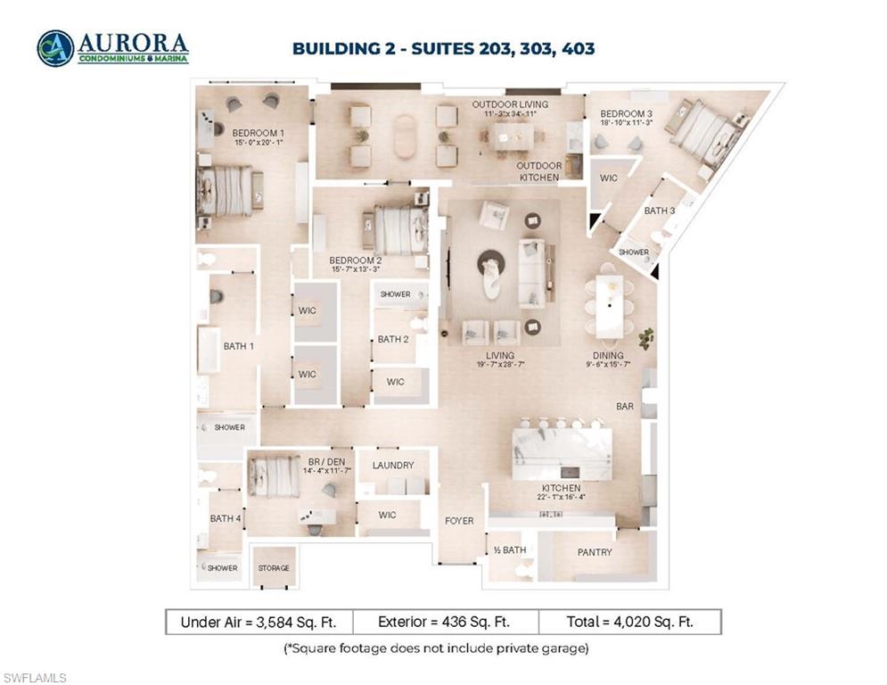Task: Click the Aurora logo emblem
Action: tap(55, 48)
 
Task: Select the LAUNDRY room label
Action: tap(392, 465)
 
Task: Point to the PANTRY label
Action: tap(595, 552)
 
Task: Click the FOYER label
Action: tap(459, 520)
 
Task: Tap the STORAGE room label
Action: tap(274, 568)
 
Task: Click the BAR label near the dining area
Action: tap(625, 406)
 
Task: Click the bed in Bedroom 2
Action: tap(399, 230)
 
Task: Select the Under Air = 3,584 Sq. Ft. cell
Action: tap(259, 622)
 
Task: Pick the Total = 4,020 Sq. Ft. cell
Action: tap(629, 622)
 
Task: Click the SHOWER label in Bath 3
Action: tap(634, 252)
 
